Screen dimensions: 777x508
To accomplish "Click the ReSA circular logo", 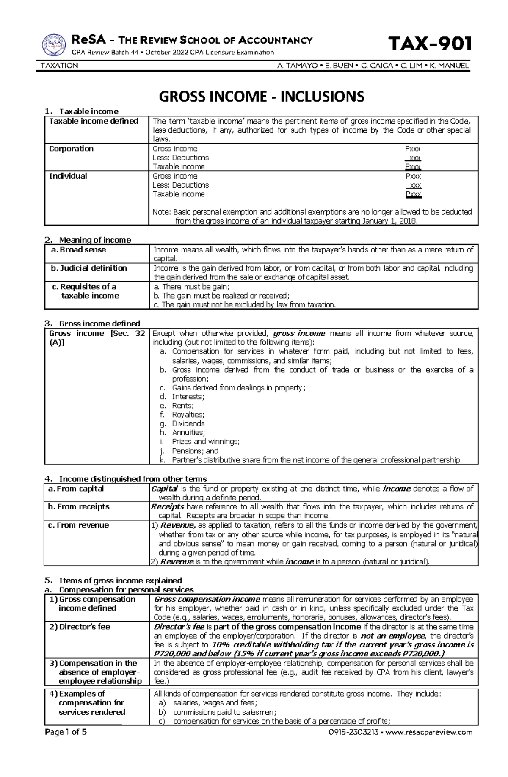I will coord(54,45).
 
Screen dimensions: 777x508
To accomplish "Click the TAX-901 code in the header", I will coord(430,44).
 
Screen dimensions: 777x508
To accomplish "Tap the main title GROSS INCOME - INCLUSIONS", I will coord(261,97).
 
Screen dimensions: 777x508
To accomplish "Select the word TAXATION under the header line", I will coord(59,66).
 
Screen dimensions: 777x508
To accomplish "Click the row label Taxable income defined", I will coord(94,122).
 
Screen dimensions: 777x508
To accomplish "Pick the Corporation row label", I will coord(71,149).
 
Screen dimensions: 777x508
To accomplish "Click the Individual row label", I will coord(68,176).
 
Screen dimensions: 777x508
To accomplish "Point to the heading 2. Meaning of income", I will coord(88,240).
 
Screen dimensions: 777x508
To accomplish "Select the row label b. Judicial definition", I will coord(89,268).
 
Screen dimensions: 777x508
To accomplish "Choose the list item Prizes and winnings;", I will coord(206,442).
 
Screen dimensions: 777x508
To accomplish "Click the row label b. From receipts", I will coord(79,507).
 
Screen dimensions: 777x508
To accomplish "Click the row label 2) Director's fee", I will coord(80,627).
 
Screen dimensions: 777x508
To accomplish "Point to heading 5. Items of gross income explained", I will coord(113,580).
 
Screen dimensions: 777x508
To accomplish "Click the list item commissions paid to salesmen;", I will coord(224,712).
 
